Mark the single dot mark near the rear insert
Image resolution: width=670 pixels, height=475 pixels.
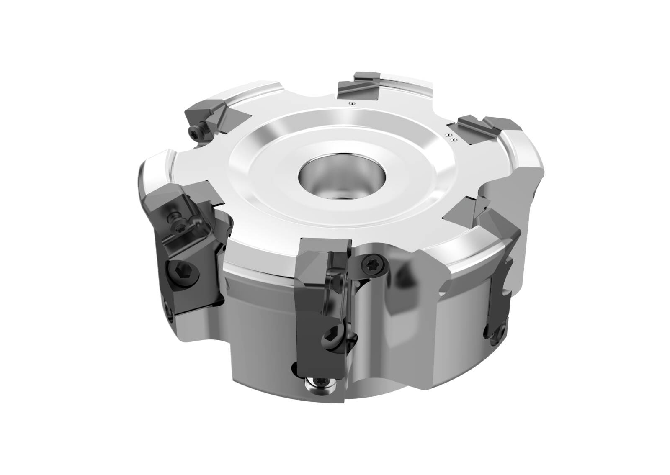pos(352,103)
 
